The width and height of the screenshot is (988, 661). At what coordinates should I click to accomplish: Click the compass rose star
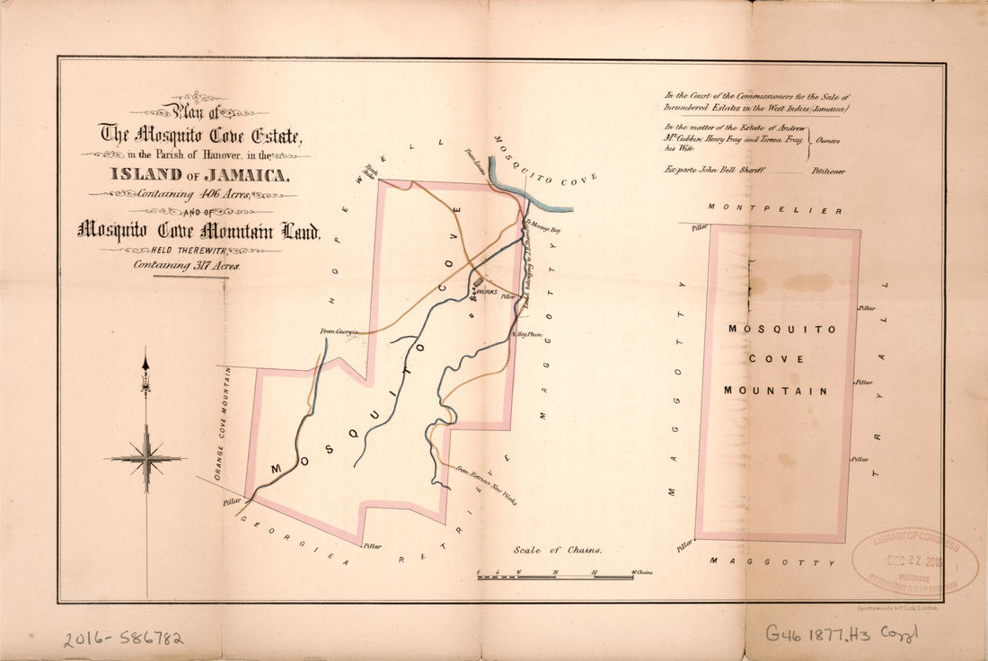pyautogui.click(x=146, y=458)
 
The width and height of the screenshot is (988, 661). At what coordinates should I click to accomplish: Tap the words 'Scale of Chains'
pyautogui.click(x=558, y=550)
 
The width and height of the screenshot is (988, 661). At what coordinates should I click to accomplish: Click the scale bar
pyautogui.click(x=554, y=576)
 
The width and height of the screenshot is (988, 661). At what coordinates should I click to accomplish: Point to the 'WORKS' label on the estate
pyautogui.click(x=486, y=291)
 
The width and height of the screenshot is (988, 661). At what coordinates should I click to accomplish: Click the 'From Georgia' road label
pyautogui.click(x=340, y=331)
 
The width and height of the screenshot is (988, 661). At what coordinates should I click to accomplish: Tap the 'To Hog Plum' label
pyautogui.click(x=527, y=334)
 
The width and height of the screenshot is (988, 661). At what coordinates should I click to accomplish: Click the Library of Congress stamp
pyautogui.click(x=915, y=560)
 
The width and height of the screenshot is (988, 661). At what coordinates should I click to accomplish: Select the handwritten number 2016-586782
pyautogui.click(x=123, y=639)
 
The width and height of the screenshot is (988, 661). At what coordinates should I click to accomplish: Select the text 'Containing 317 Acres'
pyautogui.click(x=188, y=265)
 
